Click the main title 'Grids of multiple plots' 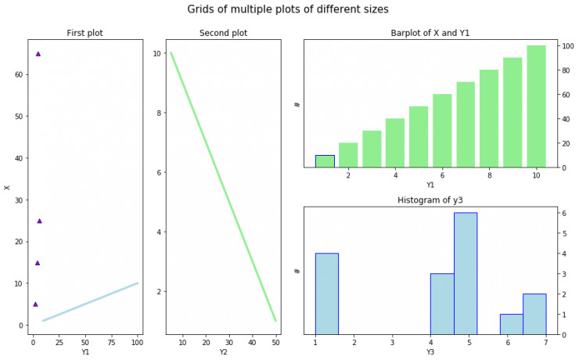coord(288,9)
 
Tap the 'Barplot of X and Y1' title coord(430,33)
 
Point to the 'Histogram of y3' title coord(430,200)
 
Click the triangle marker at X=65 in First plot coord(38,54)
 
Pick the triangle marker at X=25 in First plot coord(39,221)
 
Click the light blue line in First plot coord(90,302)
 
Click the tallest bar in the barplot coord(536,106)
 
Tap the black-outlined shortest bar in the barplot coord(325,161)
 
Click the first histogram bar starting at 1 coord(327,293)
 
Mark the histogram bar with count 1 coord(512,324)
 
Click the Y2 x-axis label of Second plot coord(223,351)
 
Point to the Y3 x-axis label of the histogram coord(430,351)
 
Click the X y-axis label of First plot coord(7,187)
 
